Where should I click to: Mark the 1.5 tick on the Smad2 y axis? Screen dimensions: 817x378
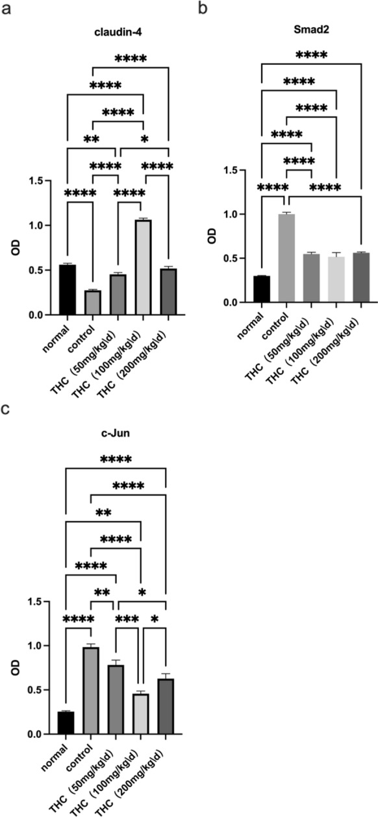point(238,170)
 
